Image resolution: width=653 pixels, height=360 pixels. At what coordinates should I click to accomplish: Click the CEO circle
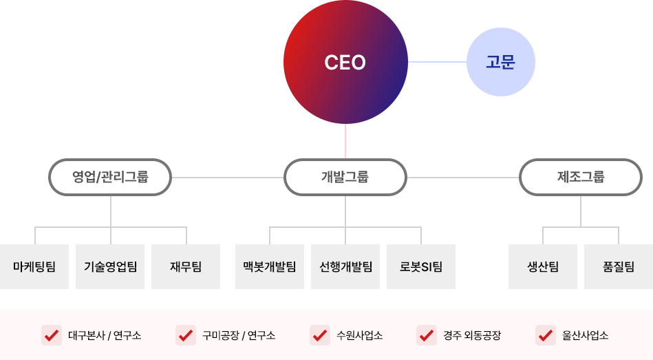tap(345, 62)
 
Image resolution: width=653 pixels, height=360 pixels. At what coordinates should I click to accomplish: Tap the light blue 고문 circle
tap(500, 62)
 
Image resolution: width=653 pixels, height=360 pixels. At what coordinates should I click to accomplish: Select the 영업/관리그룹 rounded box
tap(110, 177)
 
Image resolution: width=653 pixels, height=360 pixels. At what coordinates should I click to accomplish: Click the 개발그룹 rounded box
tap(345, 177)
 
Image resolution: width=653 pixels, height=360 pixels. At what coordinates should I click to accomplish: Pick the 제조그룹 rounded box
tap(581, 177)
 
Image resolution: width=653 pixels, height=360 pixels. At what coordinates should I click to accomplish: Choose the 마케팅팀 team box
tap(34, 266)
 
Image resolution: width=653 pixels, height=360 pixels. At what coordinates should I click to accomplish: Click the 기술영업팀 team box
tap(110, 266)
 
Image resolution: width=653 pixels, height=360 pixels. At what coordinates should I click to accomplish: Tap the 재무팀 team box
tap(186, 266)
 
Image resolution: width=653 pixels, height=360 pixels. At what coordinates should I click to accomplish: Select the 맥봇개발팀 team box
tap(270, 266)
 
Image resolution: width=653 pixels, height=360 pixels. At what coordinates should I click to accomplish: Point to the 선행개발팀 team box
tap(345, 266)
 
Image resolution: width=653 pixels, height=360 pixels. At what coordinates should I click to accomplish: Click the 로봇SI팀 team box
tap(421, 266)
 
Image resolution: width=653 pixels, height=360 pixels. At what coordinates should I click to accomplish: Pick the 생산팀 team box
tap(543, 266)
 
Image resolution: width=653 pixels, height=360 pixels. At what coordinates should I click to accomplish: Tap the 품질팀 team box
tap(619, 266)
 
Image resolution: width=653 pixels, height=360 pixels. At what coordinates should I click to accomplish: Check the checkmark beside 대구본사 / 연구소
tap(52, 335)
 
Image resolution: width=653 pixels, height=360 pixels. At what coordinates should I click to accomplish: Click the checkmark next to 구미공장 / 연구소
tap(186, 335)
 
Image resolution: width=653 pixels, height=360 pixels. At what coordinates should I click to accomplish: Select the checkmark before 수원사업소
tap(320, 335)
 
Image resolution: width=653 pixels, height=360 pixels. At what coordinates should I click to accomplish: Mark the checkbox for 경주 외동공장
tap(427, 335)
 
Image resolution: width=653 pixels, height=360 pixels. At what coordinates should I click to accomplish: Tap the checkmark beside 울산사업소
tap(546, 335)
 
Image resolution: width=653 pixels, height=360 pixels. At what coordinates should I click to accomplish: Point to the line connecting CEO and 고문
tap(437, 62)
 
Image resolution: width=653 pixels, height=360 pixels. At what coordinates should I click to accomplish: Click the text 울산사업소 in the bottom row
tap(585, 335)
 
